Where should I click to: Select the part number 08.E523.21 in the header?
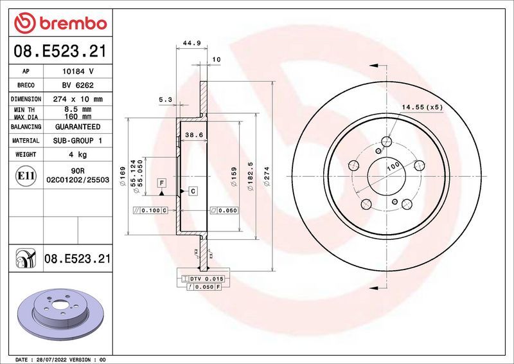click(58, 52)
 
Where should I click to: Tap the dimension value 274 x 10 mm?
click(76, 100)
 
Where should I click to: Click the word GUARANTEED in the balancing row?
click(76, 127)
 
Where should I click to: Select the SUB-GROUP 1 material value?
click(76, 140)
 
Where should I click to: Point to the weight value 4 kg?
click(76, 154)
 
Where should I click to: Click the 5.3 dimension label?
click(165, 100)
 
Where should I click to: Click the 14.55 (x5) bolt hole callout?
click(422, 107)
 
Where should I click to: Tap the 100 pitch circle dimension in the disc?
click(393, 167)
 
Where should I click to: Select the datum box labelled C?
click(192, 191)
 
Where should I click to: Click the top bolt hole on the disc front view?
click(387, 143)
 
